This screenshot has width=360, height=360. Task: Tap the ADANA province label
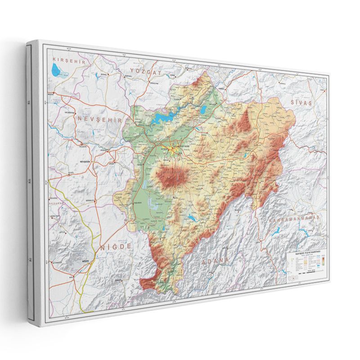[215, 261]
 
